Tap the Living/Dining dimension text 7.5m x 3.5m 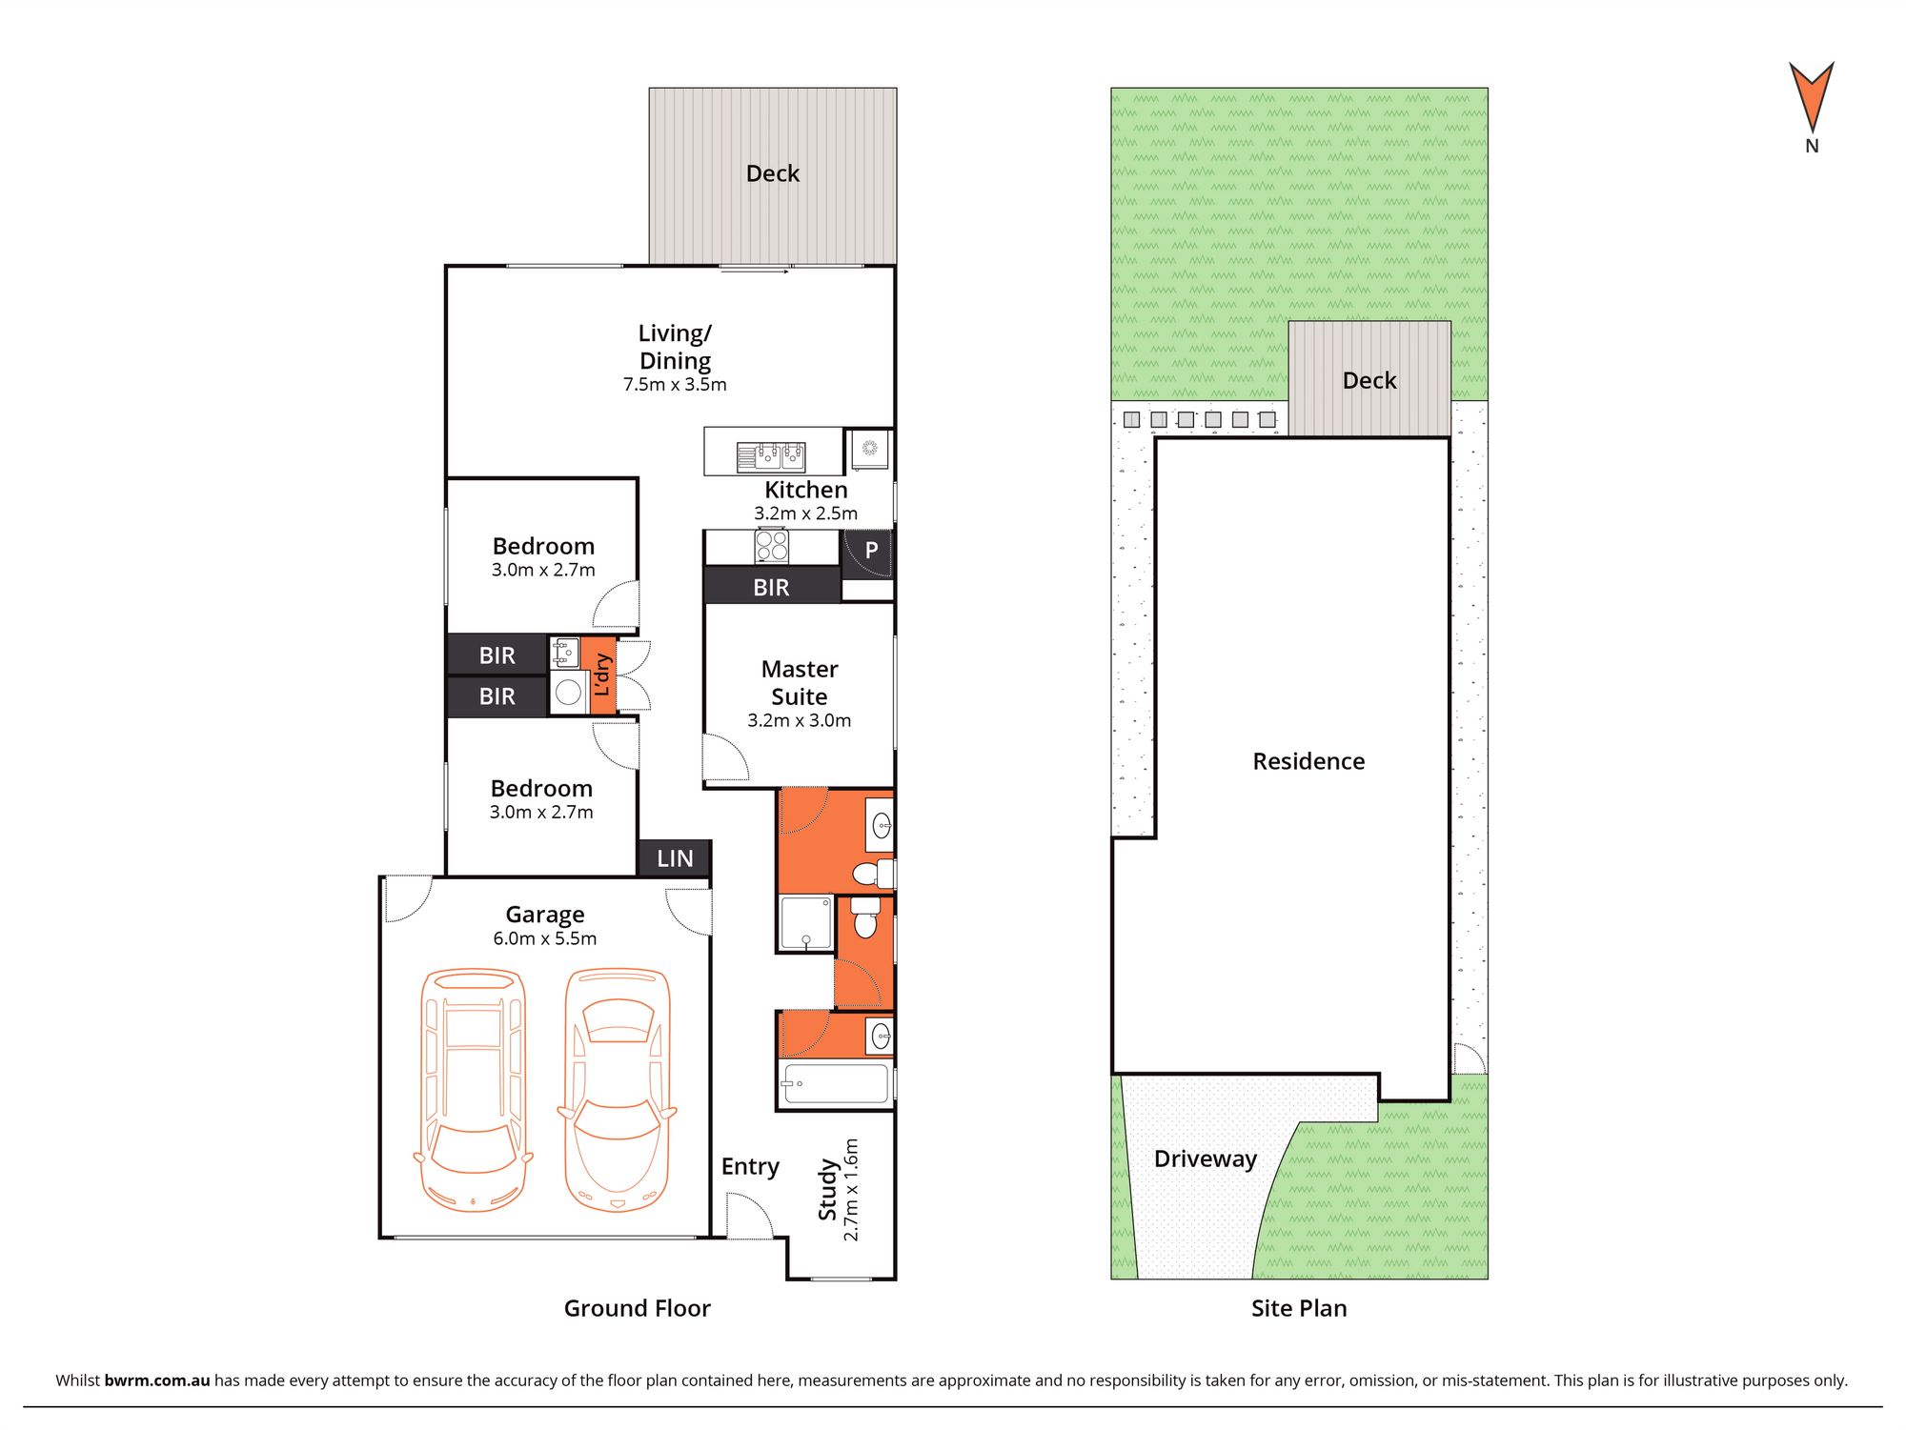[675, 385]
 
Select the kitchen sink [771, 457]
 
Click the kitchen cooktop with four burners [771, 547]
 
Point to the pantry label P [871, 550]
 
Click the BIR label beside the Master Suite [771, 588]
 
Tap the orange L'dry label [602, 675]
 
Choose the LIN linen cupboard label [675, 858]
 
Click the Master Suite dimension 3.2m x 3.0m [799, 721]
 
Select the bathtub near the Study [835, 1084]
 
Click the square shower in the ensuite [806, 922]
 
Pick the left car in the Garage [473, 1090]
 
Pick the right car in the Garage [618, 1090]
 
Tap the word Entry [750, 1167]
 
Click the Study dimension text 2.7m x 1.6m [851, 1190]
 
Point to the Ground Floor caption [637, 1308]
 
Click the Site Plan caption [1299, 1308]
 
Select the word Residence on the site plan [1308, 761]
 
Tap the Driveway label [1206, 1159]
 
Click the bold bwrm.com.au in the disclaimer [157, 1380]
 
